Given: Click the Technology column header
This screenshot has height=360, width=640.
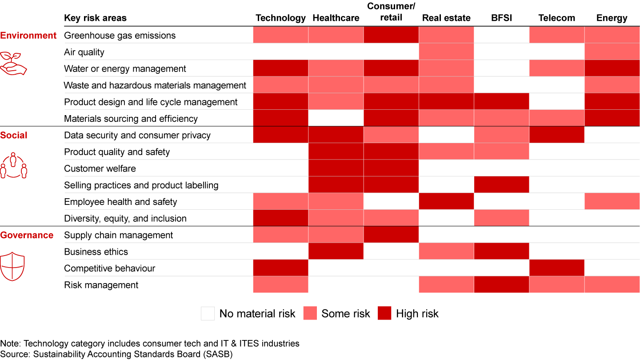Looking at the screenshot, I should pyautogui.click(x=280, y=18).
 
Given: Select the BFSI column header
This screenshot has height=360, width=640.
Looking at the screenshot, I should pyautogui.click(x=501, y=18).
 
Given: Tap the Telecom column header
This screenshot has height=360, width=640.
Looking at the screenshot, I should pyautogui.click(x=556, y=18).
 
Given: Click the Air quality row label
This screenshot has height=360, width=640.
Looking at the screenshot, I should pyautogui.click(x=84, y=52).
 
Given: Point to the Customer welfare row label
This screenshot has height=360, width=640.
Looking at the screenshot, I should pyautogui.click(x=100, y=168).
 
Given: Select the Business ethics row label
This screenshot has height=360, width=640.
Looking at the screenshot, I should pyautogui.click(x=96, y=252).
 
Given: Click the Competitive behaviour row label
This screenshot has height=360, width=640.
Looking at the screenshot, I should pyautogui.click(x=109, y=268).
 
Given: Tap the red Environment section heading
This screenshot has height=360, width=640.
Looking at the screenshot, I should pyautogui.click(x=28, y=36).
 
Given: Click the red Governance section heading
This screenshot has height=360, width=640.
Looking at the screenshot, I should pyautogui.click(x=27, y=235).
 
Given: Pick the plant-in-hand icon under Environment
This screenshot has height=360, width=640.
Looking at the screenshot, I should pyautogui.click(x=13, y=63).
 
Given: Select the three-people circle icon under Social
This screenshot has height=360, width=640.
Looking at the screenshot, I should pyautogui.click(x=13, y=166).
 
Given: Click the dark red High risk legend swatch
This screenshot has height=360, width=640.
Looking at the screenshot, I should pyautogui.click(x=384, y=313).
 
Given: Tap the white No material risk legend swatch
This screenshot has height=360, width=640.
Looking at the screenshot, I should pyautogui.click(x=208, y=313).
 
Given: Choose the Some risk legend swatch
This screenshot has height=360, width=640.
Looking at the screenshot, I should pyautogui.click(x=310, y=313).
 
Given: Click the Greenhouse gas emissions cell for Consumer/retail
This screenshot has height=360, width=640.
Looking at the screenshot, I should pyautogui.click(x=391, y=35).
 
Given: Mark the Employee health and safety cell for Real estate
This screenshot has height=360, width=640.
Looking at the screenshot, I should pyautogui.click(x=446, y=201).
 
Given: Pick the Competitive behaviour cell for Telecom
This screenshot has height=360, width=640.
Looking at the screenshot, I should pyautogui.click(x=556, y=268).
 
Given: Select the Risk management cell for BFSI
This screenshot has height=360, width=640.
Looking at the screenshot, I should pyautogui.click(x=501, y=285).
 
